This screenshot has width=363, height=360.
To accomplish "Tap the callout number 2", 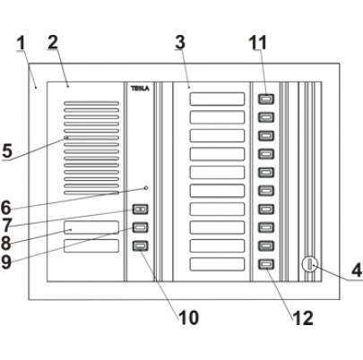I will (x=52, y=41).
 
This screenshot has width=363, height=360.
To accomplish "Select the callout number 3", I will (x=181, y=41).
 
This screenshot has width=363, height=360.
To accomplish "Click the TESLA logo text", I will (x=140, y=88).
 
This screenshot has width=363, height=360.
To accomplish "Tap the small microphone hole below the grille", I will (x=145, y=188).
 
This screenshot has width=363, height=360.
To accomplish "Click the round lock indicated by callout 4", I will (x=307, y=264).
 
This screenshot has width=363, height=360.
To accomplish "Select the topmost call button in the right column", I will (x=265, y=99).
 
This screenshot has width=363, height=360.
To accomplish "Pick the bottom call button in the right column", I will (x=265, y=263).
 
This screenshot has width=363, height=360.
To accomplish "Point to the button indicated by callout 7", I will (x=140, y=210).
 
